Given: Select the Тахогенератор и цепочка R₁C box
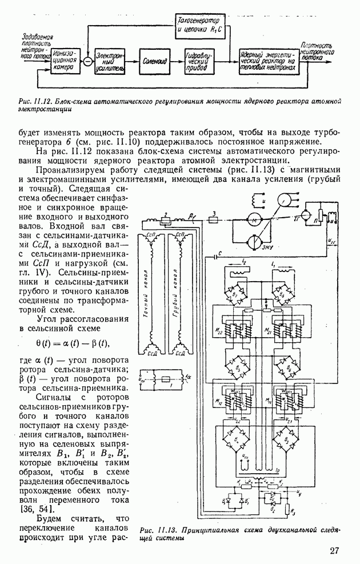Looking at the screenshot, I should coord(200,24).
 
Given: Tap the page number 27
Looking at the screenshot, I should coord(335,551).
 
